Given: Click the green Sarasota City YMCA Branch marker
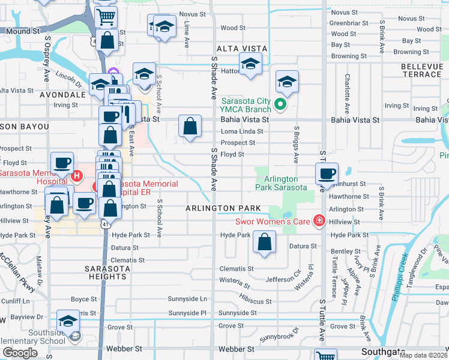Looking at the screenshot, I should tap(280, 105).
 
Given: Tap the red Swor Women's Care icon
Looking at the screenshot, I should tap(319, 220).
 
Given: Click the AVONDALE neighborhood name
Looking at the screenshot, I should tap(63, 95).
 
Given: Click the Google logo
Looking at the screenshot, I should tap(20, 352).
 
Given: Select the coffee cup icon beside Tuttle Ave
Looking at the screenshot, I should tap(327, 173).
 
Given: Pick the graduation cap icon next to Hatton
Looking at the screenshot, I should tap(250, 63).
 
